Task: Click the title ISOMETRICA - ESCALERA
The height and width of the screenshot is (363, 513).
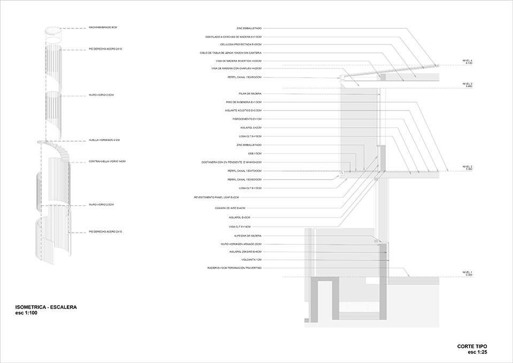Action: pyautogui.click(x=46, y=307)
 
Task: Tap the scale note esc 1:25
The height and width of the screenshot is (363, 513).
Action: pyautogui.click(x=478, y=352)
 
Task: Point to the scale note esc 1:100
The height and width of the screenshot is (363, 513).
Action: pyautogui.click(x=27, y=313)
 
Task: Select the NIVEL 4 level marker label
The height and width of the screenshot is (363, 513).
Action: pyautogui.click(x=468, y=61)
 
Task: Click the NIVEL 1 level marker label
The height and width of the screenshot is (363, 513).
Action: pyautogui.click(x=468, y=273)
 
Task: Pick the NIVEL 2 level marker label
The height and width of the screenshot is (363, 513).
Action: pyautogui.click(x=468, y=167)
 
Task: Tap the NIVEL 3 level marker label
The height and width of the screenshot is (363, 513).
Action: pyautogui.click(x=468, y=84)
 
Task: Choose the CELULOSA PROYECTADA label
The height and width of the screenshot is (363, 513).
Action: pyautogui.click(x=248, y=44)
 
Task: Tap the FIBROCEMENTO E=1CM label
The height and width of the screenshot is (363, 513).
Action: pyautogui.click(x=247, y=119)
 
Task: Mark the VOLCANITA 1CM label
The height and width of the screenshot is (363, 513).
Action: pyautogui.click(x=251, y=259)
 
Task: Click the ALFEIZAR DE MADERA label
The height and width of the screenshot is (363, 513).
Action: pyautogui.click(x=248, y=236)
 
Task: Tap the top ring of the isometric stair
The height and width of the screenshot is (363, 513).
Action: pyautogui.click(x=53, y=30)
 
